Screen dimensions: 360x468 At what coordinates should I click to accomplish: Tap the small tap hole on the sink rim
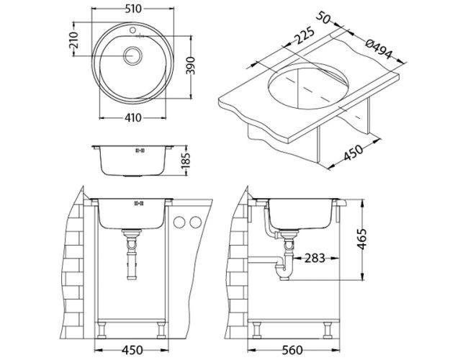(134, 31)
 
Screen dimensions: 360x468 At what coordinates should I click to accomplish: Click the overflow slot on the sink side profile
(140, 151)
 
